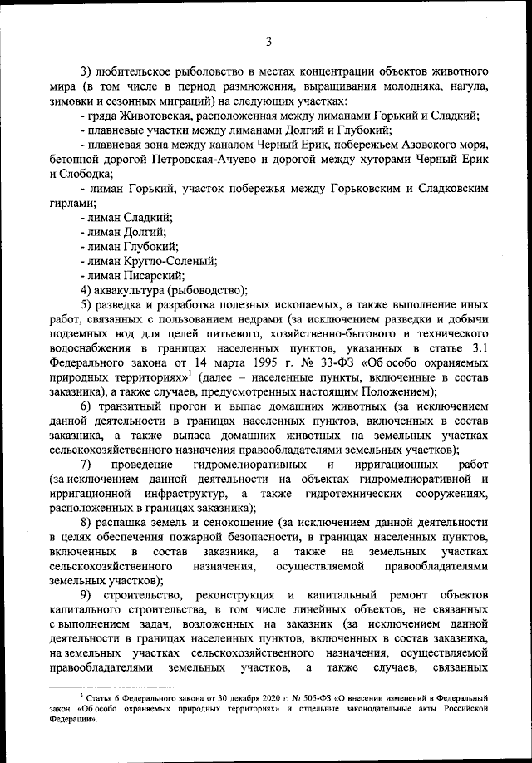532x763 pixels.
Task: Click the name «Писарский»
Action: coord(152,275)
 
